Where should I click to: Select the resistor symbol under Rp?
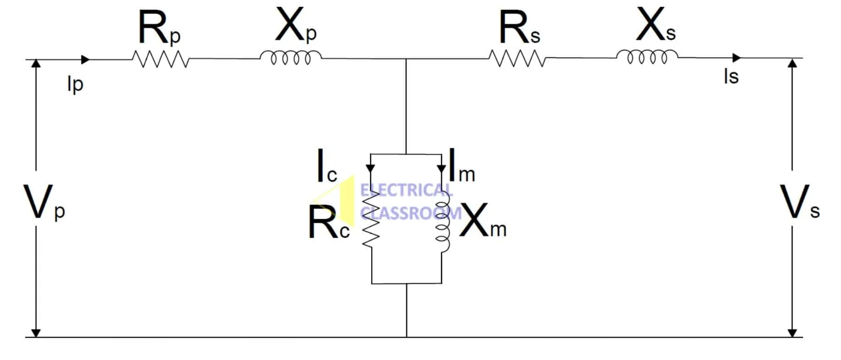point(160,59)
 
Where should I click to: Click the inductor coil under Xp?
point(291,57)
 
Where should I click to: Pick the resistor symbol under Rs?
point(517,58)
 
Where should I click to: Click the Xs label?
point(655,26)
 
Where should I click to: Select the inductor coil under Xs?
point(647,56)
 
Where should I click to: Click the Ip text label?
point(75,84)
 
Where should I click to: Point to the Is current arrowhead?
point(736,57)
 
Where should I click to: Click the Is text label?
point(731,77)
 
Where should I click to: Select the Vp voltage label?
point(43,203)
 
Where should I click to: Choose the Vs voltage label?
point(799,202)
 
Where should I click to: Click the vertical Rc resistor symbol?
point(371,218)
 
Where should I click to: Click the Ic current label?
point(326,167)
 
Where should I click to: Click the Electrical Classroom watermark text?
point(407,201)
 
